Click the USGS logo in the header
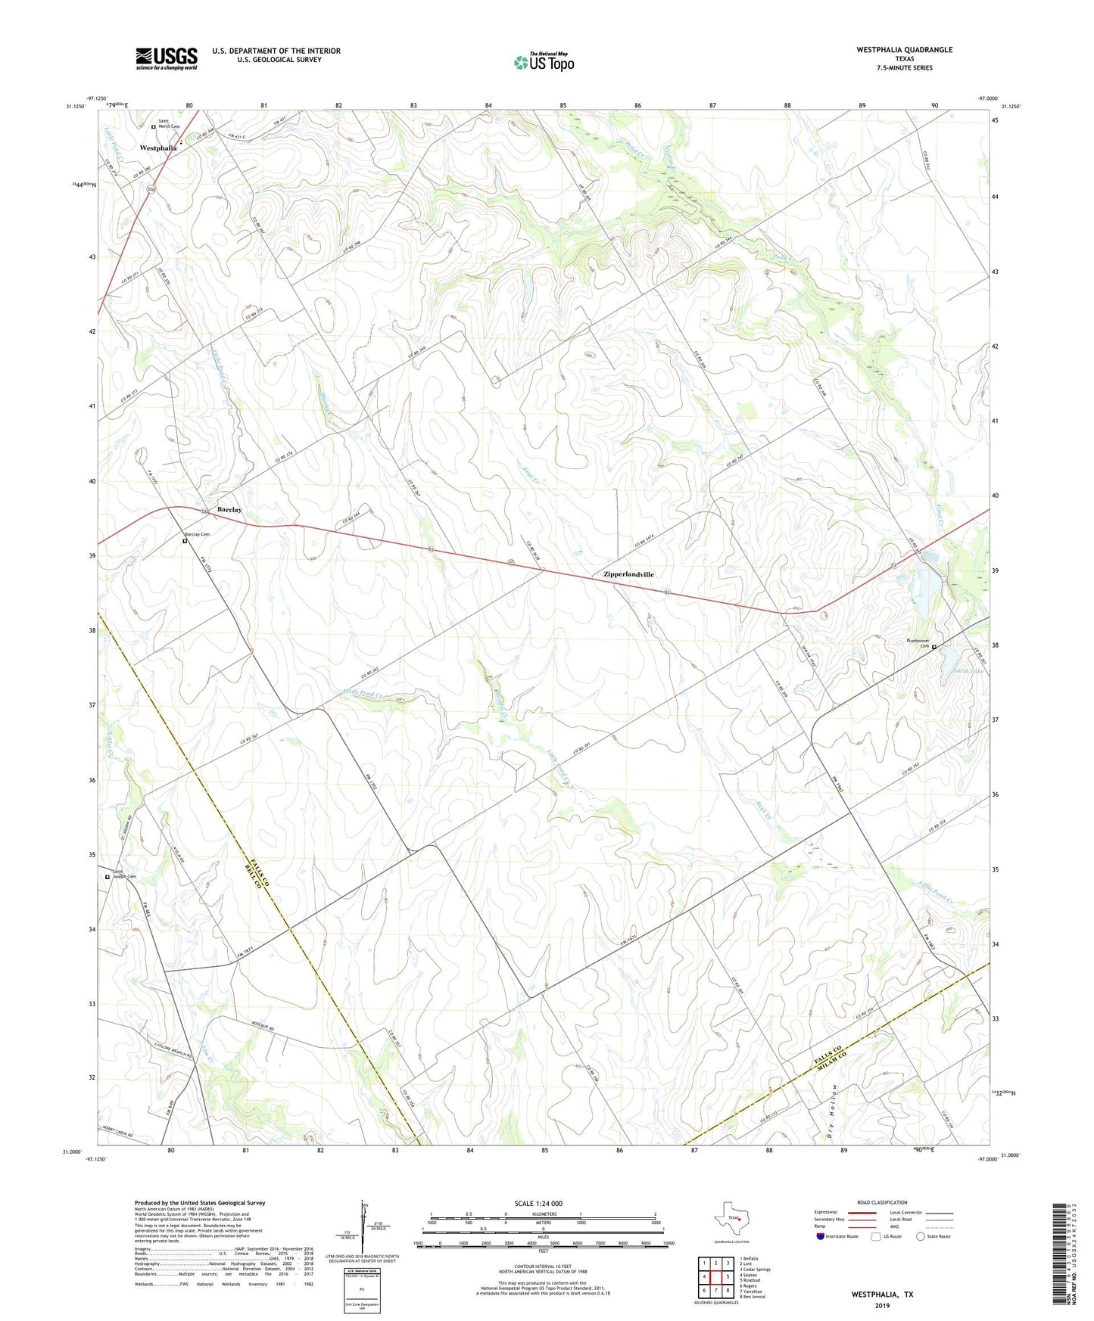pyautogui.click(x=167, y=58)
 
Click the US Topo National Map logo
pyautogui.click(x=544, y=62)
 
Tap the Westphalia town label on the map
pyautogui.click(x=158, y=148)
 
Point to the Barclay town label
pyautogui.click(x=229, y=510)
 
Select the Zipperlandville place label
pyautogui.click(x=628, y=575)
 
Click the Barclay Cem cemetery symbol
pyautogui.click(x=185, y=542)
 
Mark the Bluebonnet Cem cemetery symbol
pyautogui.click(x=934, y=647)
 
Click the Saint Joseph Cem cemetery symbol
pyautogui.click(x=107, y=878)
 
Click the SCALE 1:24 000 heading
pyautogui.click(x=538, y=1204)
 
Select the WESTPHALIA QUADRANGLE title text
pyautogui.click(x=904, y=50)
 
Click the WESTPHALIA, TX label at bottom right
pyautogui.click(x=882, y=1295)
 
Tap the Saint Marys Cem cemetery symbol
pyautogui.click(x=153, y=126)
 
